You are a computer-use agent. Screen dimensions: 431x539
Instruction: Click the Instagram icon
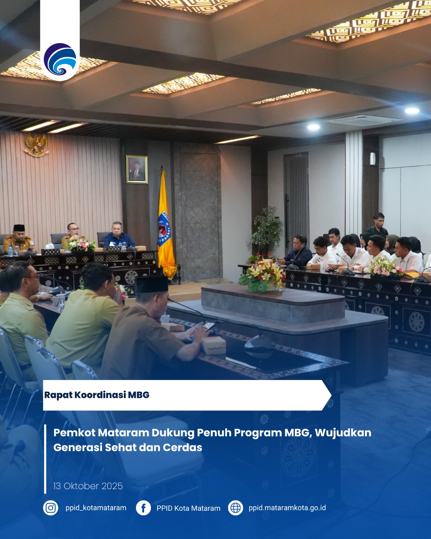[51, 508]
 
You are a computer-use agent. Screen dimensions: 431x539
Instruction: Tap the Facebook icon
[143, 508]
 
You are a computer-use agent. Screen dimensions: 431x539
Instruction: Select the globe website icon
[235, 508]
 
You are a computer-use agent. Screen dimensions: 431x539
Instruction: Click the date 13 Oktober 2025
[88, 486]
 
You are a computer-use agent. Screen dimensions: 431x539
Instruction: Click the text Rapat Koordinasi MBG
[97, 395]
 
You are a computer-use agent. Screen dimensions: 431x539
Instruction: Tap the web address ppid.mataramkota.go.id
[287, 508]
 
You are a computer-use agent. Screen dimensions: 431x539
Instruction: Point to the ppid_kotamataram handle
[96, 508]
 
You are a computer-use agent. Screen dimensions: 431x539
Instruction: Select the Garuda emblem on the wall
[37, 145]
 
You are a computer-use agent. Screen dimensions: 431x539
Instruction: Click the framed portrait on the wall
[137, 169]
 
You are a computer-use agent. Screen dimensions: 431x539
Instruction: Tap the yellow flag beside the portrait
[165, 223]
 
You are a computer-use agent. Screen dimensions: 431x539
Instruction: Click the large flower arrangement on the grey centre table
[262, 276]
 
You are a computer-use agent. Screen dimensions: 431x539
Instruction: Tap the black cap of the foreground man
[151, 284]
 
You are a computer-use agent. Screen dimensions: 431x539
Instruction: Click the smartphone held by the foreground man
[209, 327]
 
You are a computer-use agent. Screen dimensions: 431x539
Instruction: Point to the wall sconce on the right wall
[372, 159]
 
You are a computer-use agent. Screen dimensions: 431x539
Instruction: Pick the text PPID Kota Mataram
[188, 508]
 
